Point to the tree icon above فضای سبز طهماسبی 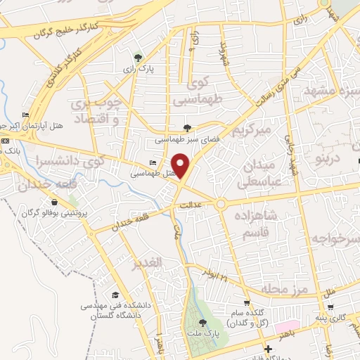[x=186, y=127]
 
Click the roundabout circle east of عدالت [x=221, y=204]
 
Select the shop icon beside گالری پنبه [x=330, y=307]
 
